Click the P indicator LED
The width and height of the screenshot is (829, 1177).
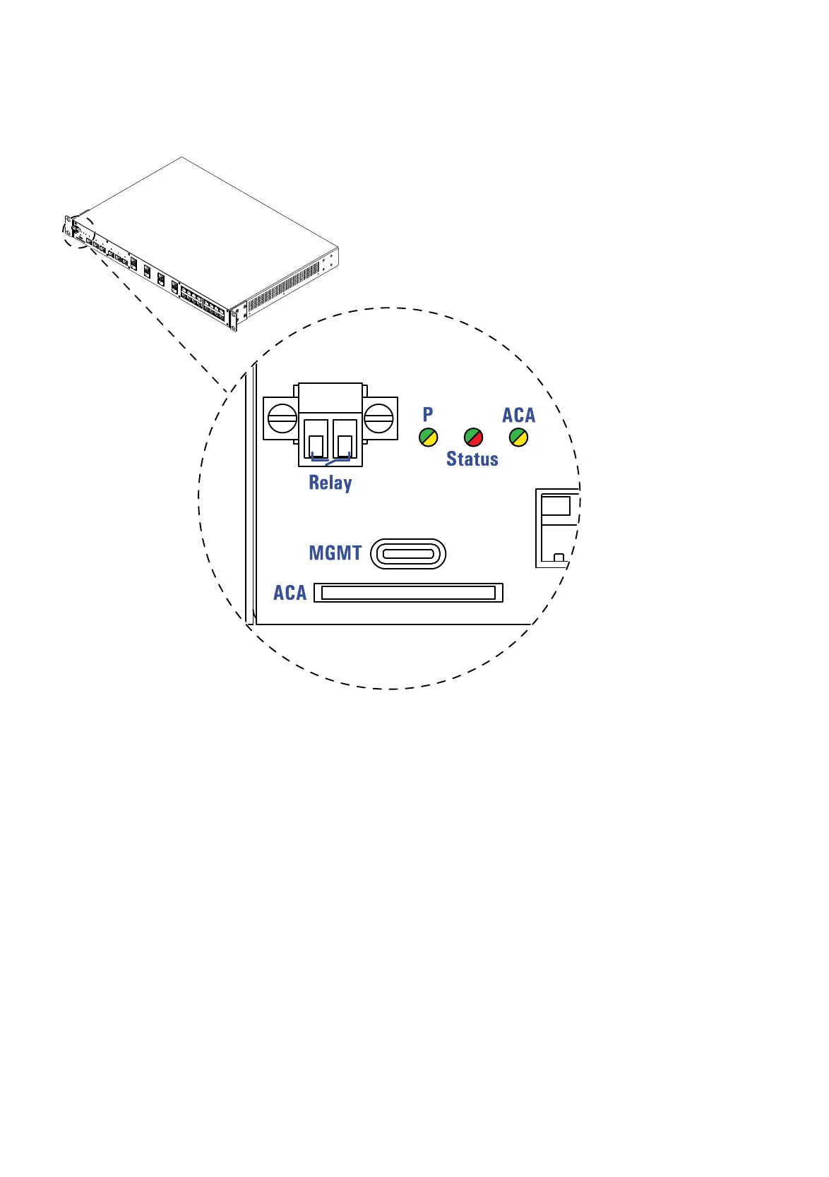[429, 437]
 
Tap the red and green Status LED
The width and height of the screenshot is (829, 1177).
[473, 437]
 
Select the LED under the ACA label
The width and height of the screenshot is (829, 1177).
[518, 437]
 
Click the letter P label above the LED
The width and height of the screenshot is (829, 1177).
[428, 415]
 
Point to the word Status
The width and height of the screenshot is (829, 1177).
[472, 459]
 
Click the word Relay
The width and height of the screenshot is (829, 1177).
[330, 483]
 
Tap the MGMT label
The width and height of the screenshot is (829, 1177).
[335, 553]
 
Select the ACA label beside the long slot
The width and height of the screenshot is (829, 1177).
[290, 593]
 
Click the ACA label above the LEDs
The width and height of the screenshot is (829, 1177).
[518, 416]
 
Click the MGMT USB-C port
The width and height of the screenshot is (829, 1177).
[408, 554]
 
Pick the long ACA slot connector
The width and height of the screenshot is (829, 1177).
[408, 593]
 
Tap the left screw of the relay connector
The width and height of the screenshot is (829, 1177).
[282, 418]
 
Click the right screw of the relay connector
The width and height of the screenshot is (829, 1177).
[378, 418]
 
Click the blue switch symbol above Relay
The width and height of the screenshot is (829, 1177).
[330, 461]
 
